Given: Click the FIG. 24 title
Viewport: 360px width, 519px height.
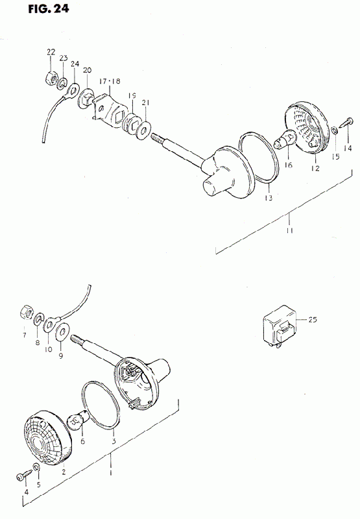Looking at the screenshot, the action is pos(49,8).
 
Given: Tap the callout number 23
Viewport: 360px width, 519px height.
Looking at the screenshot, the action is pos(64,58).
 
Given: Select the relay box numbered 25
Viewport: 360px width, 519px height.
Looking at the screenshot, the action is pos(280,326).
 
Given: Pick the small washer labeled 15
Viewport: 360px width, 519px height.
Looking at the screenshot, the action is pos(334,130).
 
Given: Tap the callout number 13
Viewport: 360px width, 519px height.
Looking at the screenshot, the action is pos(269,198).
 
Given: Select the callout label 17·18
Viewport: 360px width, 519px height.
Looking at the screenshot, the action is pos(109,80).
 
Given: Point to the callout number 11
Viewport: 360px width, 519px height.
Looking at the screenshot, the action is pos(290,230).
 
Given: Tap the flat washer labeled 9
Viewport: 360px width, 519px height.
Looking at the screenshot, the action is pos(62,332).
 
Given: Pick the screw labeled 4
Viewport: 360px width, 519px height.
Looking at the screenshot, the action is pos(23,476).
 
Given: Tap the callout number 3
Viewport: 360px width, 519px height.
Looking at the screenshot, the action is pos(114,441).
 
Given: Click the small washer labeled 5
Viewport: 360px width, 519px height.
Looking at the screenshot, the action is pos(37,467).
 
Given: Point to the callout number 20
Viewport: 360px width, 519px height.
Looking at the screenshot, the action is pos(88,70).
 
